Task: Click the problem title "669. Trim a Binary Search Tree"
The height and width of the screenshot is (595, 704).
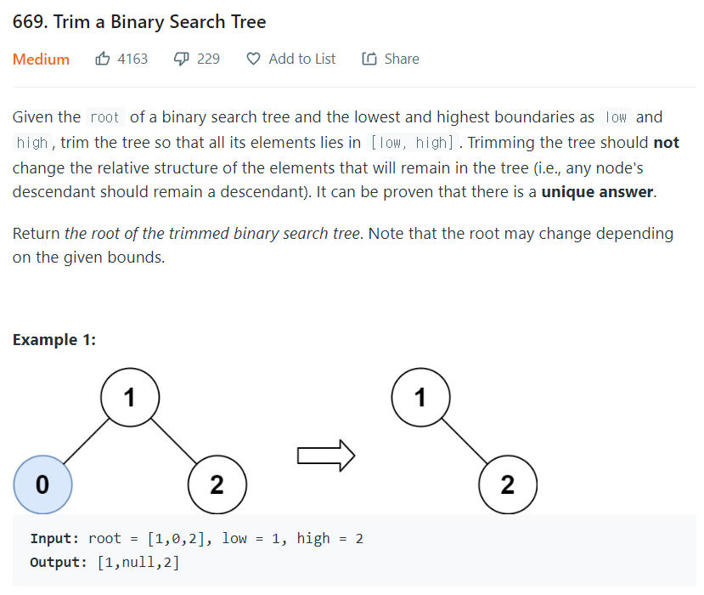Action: (x=139, y=22)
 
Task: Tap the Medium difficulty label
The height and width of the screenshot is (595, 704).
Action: (x=41, y=59)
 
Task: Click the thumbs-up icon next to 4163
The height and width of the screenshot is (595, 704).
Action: (x=103, y=59)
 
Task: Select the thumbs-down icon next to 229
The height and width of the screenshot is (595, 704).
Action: (x=181, y=59)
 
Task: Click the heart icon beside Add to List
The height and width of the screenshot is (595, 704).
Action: (x=253, y=59)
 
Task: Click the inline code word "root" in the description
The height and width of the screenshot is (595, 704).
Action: (x=104, y=117)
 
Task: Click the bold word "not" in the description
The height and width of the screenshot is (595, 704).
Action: (x=666, y=143)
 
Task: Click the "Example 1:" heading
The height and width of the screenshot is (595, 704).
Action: (x=54, y=340)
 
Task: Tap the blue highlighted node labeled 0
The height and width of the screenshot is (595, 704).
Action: (x=42, y=484)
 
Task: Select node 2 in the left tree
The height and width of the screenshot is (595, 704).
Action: (x=217, y=484)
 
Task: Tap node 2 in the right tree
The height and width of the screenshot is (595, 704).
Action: (x=508, y=484)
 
